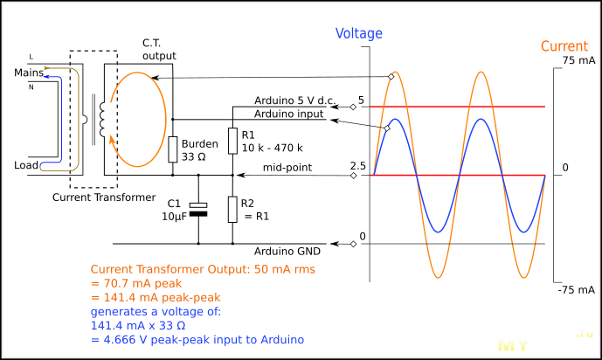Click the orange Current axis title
tap(564, 46)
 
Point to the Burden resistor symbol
tap(173, 150)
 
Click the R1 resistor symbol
tap(232, 140)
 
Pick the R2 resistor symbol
tap(232, 210)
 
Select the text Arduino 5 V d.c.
tap(295, 100)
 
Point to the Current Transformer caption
tap(103, 197)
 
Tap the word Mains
tap(28, 73)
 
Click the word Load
tap(27, 164)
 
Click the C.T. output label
tap(159, 49)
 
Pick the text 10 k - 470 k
tap(273, 149)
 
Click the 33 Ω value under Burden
tap(195, 156)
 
